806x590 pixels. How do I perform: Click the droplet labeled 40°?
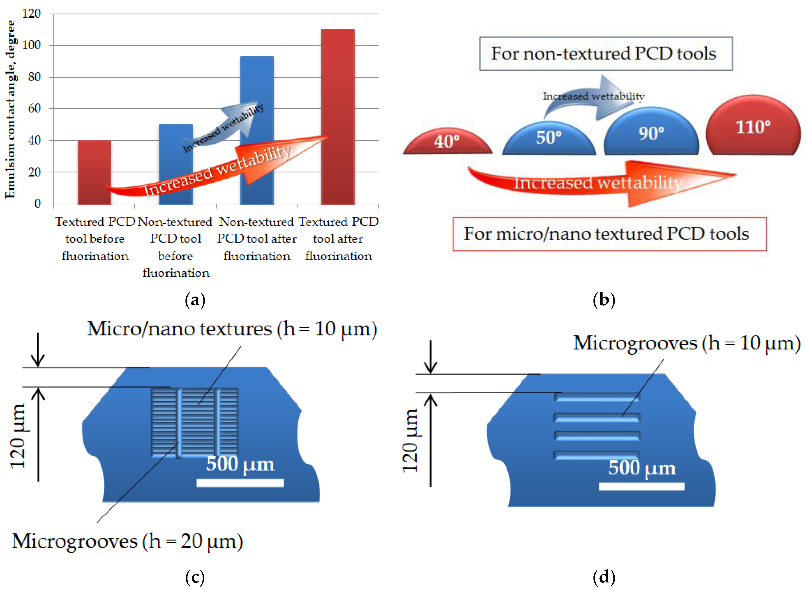447,142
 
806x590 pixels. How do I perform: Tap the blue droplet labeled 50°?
549,138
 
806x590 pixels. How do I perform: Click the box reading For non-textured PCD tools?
605,54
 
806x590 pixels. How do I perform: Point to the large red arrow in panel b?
601,182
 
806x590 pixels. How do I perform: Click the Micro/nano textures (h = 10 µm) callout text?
232,328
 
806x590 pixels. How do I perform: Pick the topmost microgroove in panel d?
597,397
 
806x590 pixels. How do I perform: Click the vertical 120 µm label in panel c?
18,436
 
